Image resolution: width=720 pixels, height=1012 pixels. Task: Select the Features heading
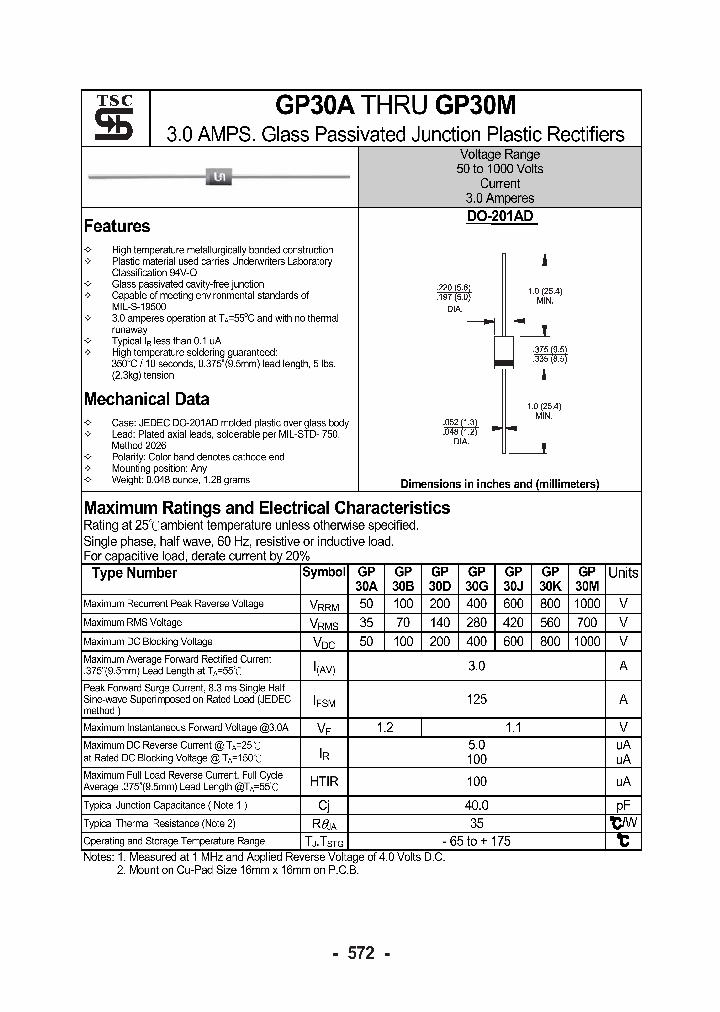pos(117,226)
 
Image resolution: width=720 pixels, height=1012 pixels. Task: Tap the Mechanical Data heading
pos(146,399)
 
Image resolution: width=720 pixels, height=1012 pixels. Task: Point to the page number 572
pos(360,953)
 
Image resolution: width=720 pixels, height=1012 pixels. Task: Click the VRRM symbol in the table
pos(327,604)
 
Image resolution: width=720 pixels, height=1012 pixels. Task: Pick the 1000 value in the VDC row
pos(587,641)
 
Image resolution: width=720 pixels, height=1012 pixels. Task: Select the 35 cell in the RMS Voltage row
pos(366,622)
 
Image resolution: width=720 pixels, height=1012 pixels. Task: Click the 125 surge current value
pos(477,699)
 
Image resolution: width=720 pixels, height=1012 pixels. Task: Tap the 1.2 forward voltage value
pos(385,727)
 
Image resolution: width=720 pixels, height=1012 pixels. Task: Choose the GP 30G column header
pos(477,579)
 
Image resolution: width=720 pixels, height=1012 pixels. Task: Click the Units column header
pos(623,572)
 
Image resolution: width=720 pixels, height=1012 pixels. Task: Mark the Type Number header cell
pos(134,573)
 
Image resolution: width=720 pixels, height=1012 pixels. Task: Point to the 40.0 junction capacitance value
pos(477,805)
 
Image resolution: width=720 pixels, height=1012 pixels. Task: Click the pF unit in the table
pos(623,805)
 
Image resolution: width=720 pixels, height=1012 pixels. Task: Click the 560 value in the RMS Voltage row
pos(550,622)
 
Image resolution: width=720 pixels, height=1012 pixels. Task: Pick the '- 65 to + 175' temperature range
pos(477,841)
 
